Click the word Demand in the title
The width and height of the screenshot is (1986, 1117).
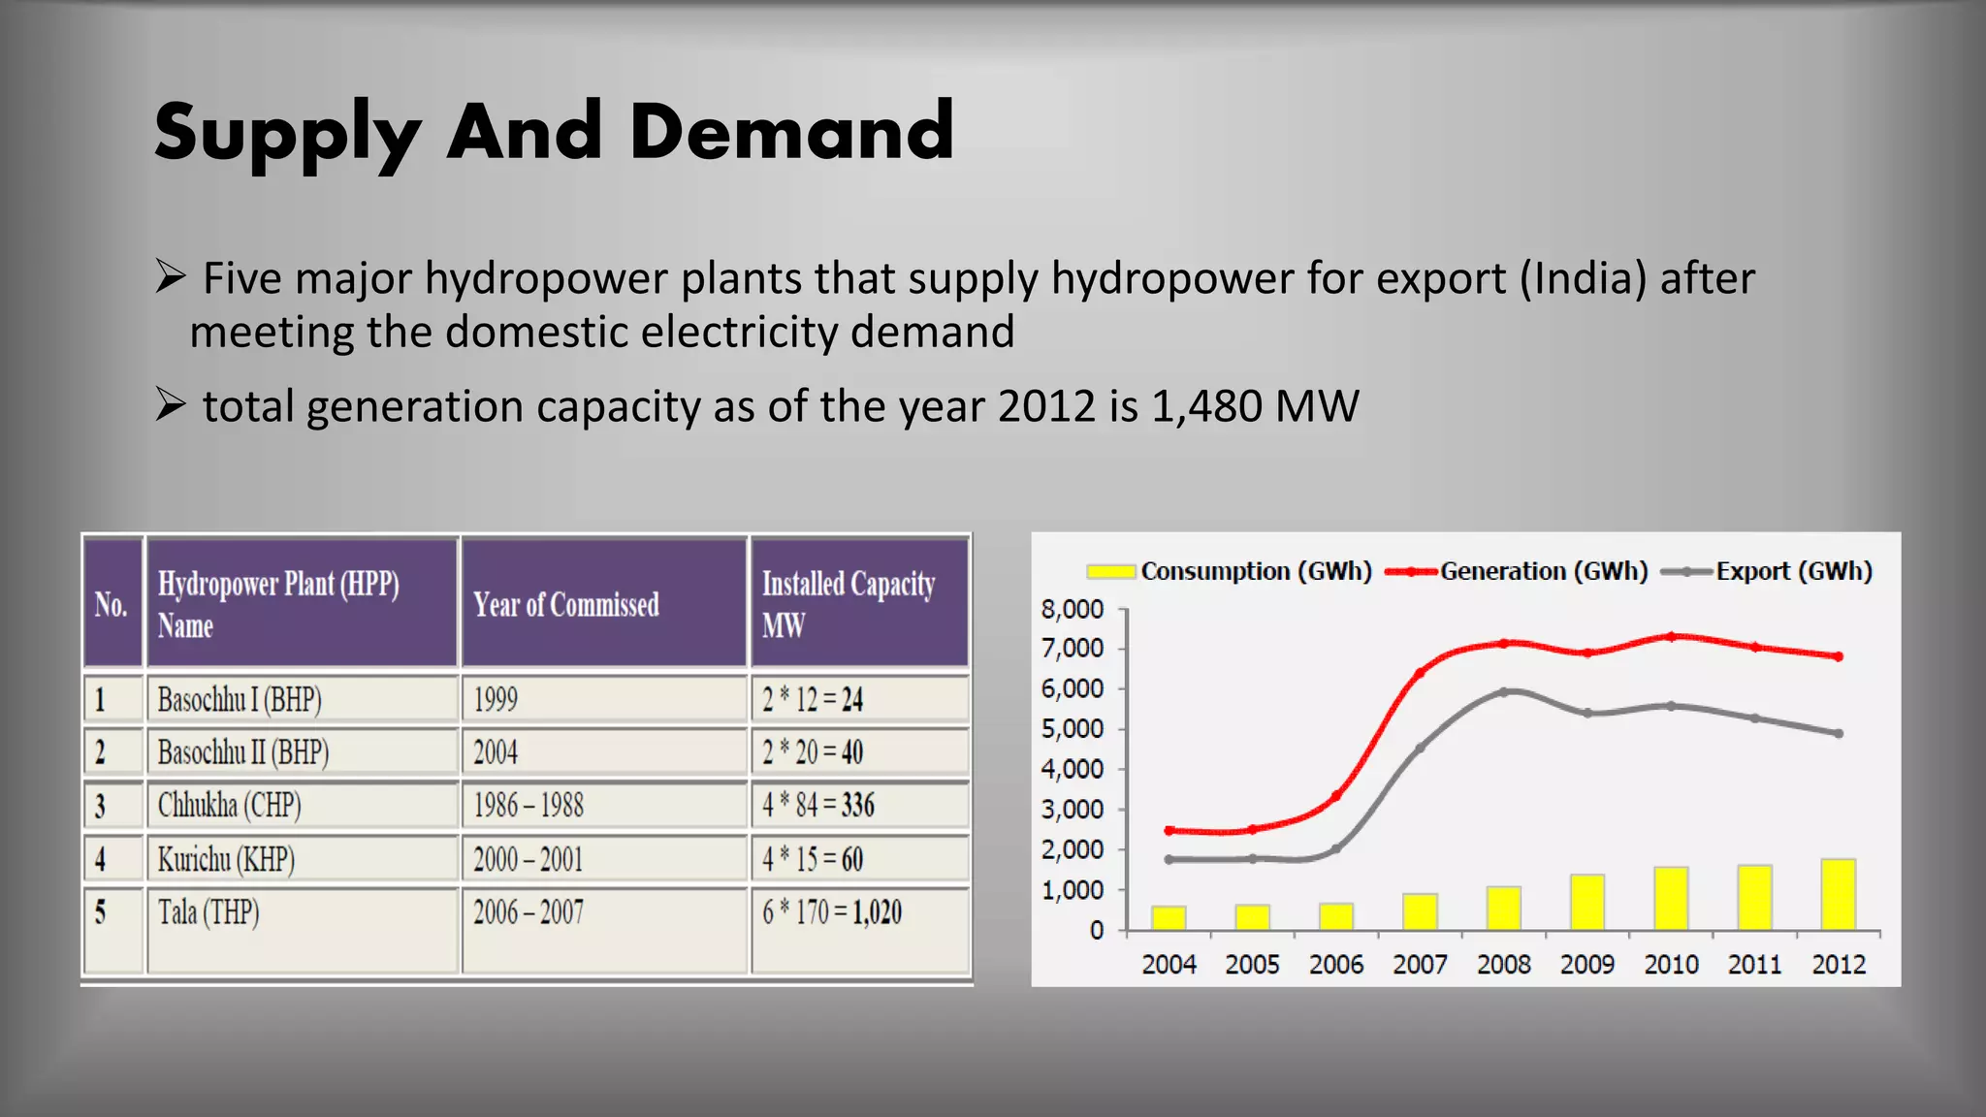pyautogui.click(x=791, y=132)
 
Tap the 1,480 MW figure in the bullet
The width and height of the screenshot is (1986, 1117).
pyautogui.click(x=1255, y=406)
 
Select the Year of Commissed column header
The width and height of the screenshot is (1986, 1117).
pyautogui.click(x=566, y=605)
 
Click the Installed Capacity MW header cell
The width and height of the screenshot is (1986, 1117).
pyautogui.click(x=849, y=604)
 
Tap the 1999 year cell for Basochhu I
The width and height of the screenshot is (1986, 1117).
pyautogui.click(x=496, y=699)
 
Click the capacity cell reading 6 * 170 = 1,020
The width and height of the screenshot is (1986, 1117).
pyautogui.click(x=832, y=912)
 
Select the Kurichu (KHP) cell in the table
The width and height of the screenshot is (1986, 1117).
pyautogui.click(x=226, y=859)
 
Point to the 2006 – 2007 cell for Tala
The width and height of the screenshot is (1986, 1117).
pyautogui.click(x=529, y=912)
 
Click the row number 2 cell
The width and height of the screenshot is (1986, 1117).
pyautogui.click(x=101, y=752)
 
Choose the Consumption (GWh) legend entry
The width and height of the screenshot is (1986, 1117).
pyautogui.click(x=1230, y=571)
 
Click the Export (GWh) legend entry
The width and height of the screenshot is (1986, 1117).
pyautogui.click(x=1767, y=571)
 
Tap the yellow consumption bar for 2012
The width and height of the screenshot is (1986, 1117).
pyautogui.click(x=1839, y=894)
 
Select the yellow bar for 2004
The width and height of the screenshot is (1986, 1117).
pyautogui.click(x=1169, y=917)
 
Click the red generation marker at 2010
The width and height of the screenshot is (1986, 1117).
pyautogui.click(x=1671, y=637)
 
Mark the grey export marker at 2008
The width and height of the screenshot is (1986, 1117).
pyautogui.click(x=1504, y=692)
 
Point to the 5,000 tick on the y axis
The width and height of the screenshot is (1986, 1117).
pyautogui.click(x=1073, y=729)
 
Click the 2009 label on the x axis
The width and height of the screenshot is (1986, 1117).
pyautogui.click(x=1587, y=965)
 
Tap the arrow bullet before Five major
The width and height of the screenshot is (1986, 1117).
pyautogui.click(x=171, y=278)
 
